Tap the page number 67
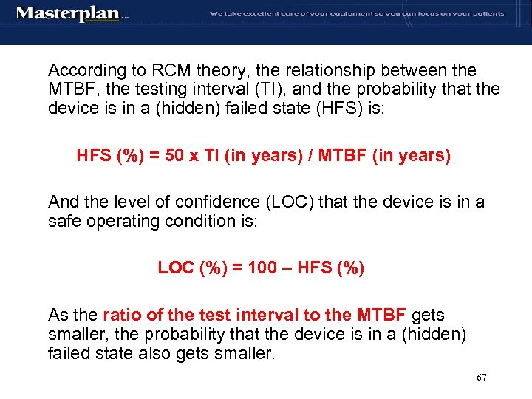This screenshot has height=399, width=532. pos(482,378)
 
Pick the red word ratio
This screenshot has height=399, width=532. pos(123,316)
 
